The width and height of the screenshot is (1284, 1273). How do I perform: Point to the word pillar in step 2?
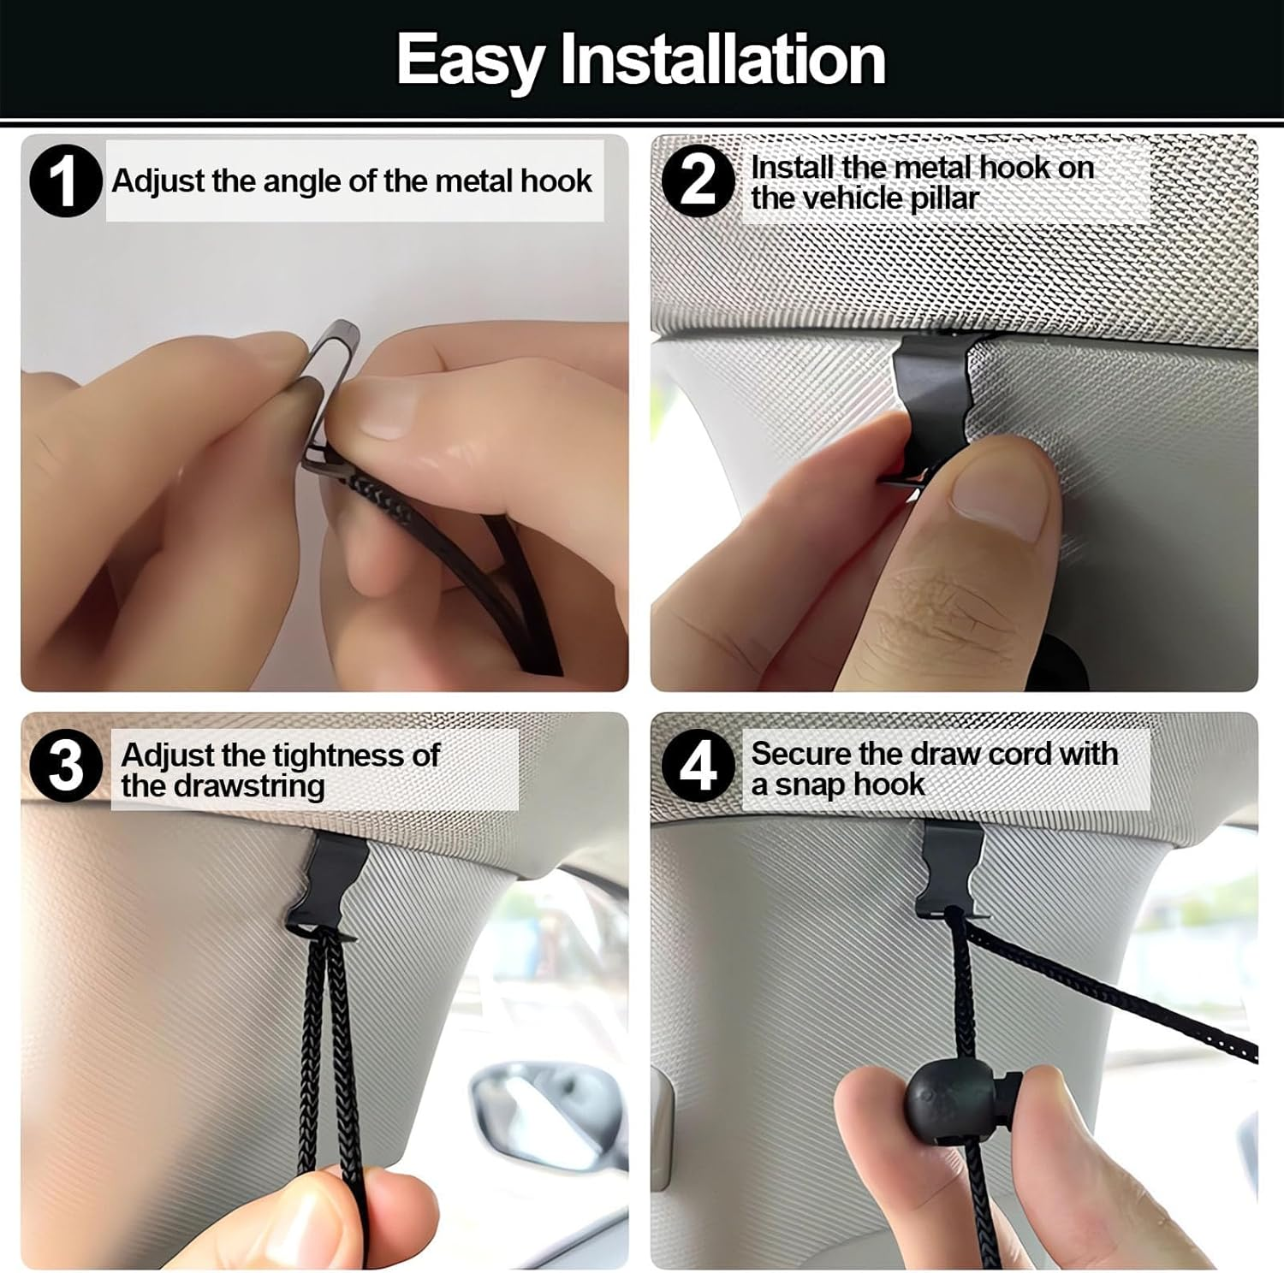pyautogui.click(x=942, y=198)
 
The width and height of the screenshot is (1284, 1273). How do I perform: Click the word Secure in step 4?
pyautogui.click(x=801, y=754)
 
